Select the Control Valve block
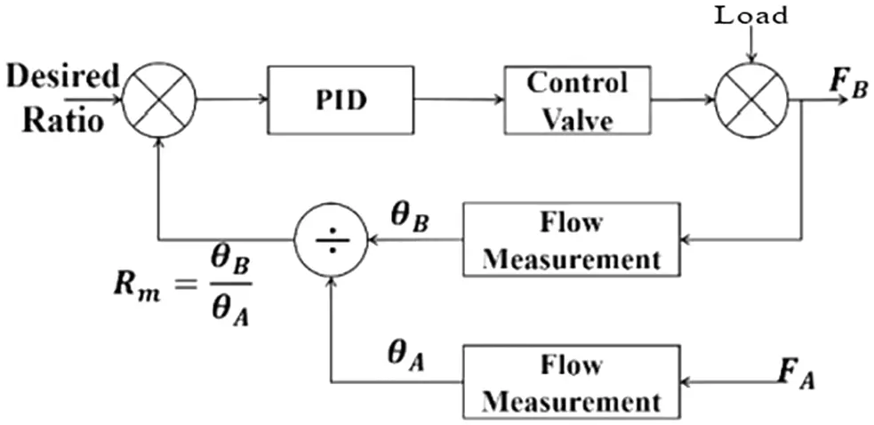576,100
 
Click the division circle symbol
332,238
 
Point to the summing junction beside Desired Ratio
158,100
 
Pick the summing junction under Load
753,100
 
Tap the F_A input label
794,377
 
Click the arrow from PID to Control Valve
459,100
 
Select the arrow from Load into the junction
753,45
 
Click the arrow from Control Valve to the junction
684,100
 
